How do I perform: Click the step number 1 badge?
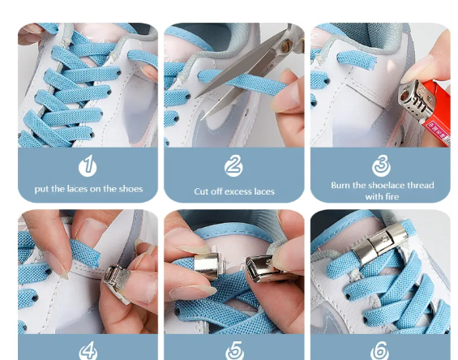tap(88, 166)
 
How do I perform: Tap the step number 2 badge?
tap(233, 165)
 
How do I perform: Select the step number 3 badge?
tap(381, 165)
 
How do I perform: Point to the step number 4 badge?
tap(88, 350)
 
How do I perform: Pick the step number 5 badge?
tap(234, 350)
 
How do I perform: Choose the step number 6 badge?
tap(379, 350)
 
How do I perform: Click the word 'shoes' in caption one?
tap(131, 189)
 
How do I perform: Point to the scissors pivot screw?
tap(286, 45)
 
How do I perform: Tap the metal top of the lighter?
tap(414, 100)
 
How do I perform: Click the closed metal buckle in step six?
tap(379, 243)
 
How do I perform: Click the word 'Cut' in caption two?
tap(201, 191)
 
